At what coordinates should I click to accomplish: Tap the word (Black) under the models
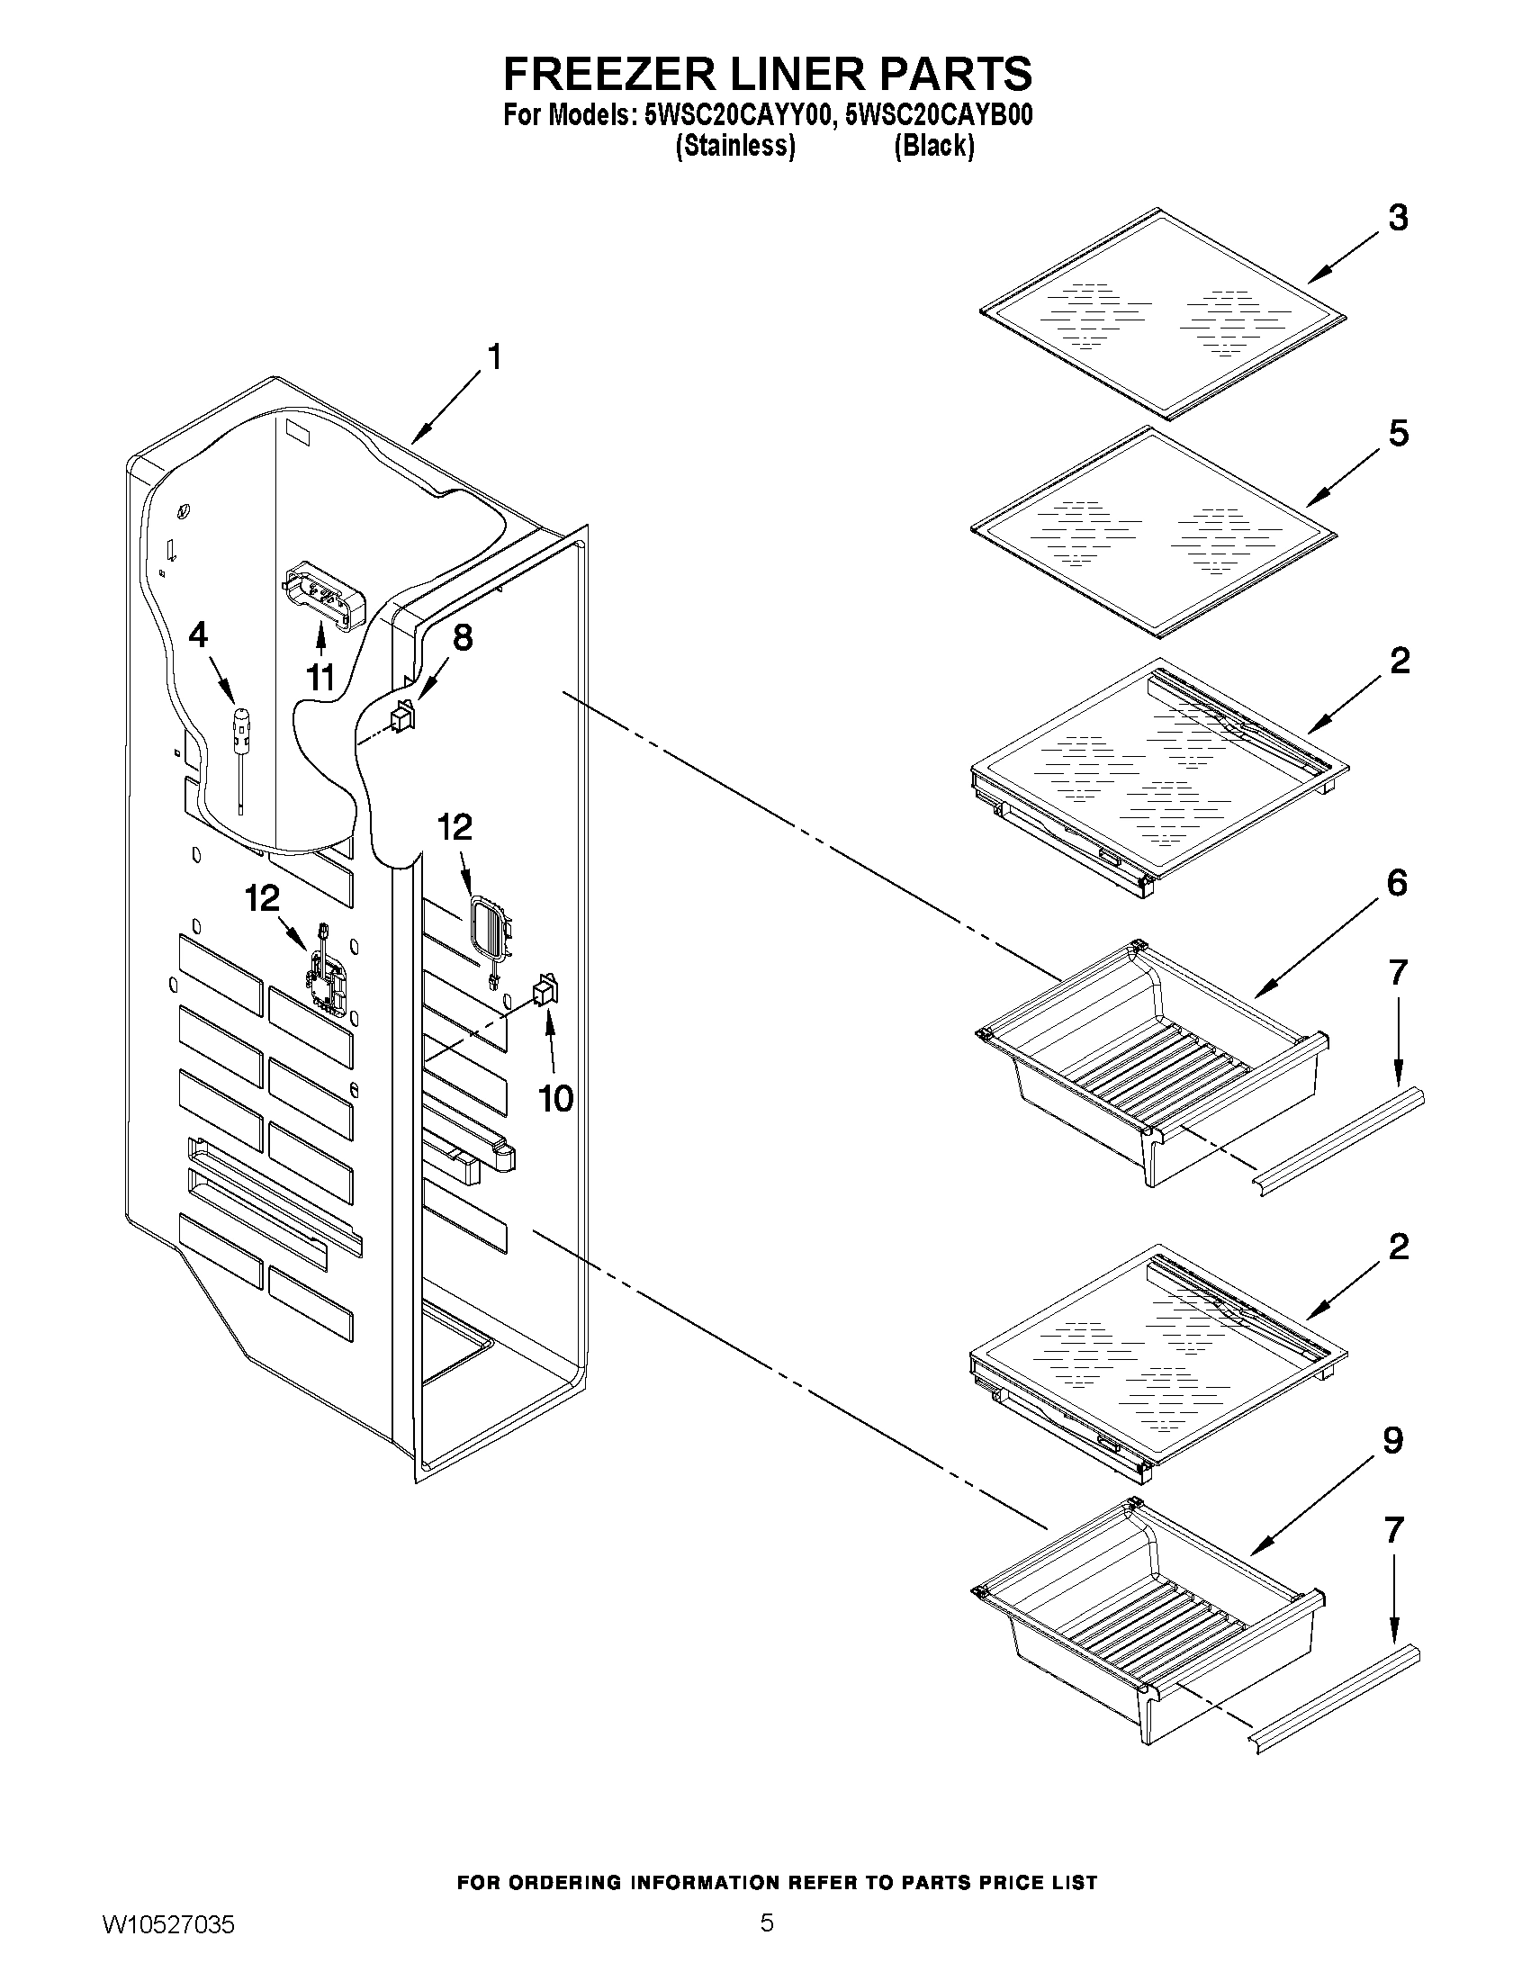(x=934, y=146)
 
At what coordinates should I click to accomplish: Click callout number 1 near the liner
(x=494, y=357)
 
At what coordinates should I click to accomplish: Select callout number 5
(x=1398, y=434)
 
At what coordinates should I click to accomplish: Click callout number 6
(x=1397, y=883)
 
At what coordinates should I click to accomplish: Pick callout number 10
(x=556, y=1099)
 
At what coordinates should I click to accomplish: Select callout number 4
(x=198, y=635)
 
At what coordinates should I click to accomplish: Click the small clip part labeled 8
(x=401, y=717)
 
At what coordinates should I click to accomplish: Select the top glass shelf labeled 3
(x=1163, y=313)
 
